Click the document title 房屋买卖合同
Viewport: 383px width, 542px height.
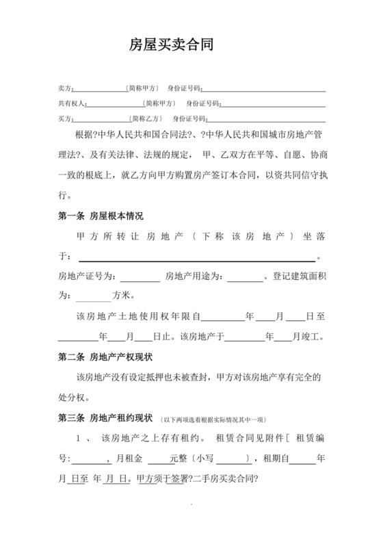[172, 45]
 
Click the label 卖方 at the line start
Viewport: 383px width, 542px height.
[64, 89]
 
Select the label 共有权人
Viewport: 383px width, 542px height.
[70, 104]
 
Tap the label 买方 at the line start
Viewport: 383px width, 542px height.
[64, 119]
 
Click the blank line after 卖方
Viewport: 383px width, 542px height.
[100, 90]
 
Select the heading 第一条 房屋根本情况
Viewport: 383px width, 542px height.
[101, 216]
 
